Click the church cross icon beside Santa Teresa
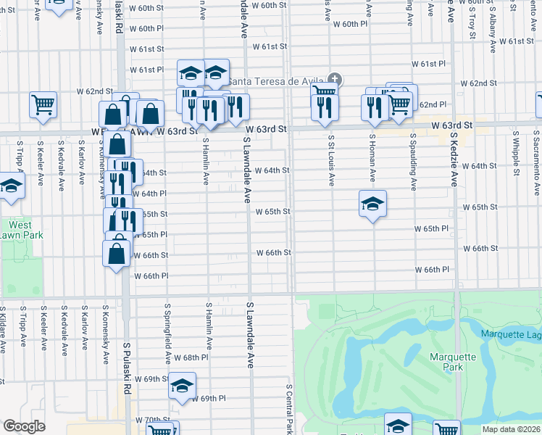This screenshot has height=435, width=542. (x=334, y=79)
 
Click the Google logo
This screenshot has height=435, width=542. (x=25, y=426)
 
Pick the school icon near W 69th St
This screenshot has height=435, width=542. (x=183, y=385)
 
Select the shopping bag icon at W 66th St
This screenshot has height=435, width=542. (x=117, y=254)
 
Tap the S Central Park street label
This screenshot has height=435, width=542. (x=289, y=410)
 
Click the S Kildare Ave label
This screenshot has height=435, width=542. (x=3, y=330)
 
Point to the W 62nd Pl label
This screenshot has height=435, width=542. (x=430, y=104)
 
